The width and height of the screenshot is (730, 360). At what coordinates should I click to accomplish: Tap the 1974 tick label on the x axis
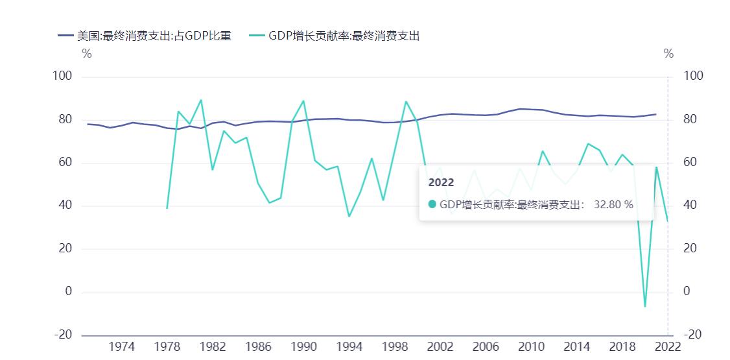(x=122, y=346)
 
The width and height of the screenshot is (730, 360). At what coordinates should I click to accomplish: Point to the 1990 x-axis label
(x=303, y=346)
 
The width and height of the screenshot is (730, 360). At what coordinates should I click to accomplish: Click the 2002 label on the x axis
(x=440, y=346)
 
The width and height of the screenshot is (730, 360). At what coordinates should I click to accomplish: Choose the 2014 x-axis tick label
(x=576, y=346)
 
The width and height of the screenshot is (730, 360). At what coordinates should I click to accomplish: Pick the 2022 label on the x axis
(x=668, y=346)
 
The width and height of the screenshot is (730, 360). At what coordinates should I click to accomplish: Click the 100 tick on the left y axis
(x=62, y=77)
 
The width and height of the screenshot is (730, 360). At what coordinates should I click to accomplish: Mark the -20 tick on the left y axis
(x=62, y=335)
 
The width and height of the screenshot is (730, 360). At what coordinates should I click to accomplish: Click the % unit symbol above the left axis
(x=87, y=54)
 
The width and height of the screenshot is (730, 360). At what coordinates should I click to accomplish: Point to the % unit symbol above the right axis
(x=668, y=54)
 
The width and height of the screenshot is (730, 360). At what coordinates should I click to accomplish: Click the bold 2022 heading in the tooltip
(x=441, y=183)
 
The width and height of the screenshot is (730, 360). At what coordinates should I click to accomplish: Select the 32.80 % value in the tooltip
(x=613, y=205)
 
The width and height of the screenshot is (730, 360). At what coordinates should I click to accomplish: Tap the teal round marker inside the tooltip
(x=432, y=205)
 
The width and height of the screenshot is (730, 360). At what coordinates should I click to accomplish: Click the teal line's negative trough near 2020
(x=644, y=306)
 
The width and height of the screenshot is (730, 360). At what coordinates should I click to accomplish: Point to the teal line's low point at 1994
(x=349, y=216)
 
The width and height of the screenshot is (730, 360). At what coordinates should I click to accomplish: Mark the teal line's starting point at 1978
(x=167, y=208)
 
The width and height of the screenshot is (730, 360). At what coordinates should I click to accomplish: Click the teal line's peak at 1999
(x=406, y=101)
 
